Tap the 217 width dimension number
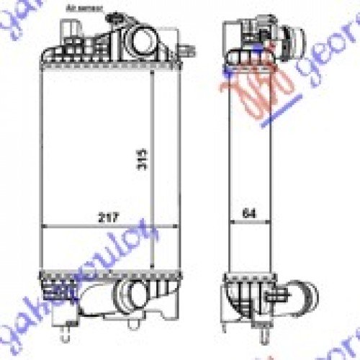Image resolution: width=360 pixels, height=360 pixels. [109, 216]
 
